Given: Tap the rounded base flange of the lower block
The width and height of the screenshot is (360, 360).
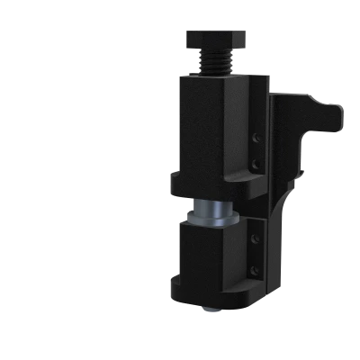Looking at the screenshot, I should tap(216, 301).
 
